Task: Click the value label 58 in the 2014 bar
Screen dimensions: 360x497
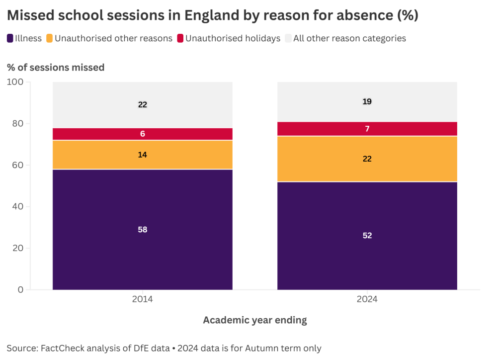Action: tap(143, 230)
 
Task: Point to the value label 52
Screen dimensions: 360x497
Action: tap(367, 236)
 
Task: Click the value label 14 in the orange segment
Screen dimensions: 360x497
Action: tap(143, 155)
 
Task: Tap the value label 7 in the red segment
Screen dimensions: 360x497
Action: tap(367, 129)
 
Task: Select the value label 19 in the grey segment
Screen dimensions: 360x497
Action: tap(367, 101)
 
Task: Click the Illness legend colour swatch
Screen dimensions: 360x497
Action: tap(10, 38)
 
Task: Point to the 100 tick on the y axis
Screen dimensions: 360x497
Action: tap(17, 82)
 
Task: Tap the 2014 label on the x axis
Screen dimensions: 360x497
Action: tap(143, 299)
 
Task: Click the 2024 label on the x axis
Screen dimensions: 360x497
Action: tap(367, 299)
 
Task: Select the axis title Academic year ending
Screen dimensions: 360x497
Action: tap(255, 320)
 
